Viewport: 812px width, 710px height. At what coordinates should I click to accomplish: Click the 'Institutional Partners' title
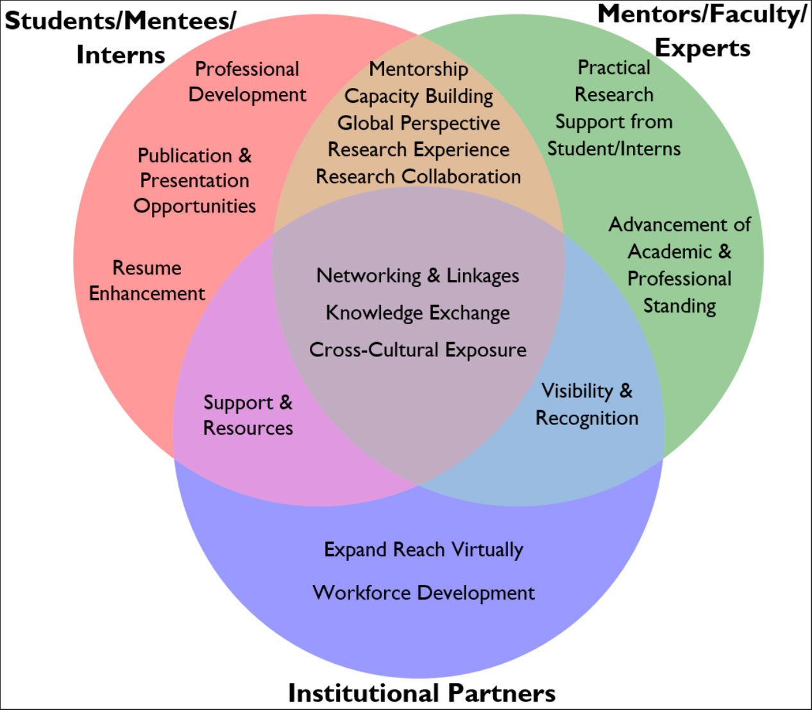421,693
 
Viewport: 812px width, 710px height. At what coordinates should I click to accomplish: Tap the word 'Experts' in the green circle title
702,48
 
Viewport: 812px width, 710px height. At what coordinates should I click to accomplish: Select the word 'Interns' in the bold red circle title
121,55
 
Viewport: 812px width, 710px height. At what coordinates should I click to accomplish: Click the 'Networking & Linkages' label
418,275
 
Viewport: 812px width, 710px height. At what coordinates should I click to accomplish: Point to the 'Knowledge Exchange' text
418,313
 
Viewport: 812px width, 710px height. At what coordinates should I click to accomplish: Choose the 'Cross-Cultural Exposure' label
418,350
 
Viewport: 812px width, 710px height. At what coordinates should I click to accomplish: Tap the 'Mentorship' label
418,69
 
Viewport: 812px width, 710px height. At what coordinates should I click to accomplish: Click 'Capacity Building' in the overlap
418,96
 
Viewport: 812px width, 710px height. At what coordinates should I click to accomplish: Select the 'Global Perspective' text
418,123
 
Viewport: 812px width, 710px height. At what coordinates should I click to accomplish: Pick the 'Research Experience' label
418,150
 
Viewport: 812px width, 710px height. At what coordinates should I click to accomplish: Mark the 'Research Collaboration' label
418,177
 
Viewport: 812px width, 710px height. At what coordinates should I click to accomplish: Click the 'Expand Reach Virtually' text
423,550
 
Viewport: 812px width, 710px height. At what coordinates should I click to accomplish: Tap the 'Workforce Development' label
423,593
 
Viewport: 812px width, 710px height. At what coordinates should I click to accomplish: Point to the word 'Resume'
147,268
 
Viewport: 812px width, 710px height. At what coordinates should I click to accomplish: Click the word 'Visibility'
577,391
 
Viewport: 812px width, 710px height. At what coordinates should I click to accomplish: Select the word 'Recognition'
587,418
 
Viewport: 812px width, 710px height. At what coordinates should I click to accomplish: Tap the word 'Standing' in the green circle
679,306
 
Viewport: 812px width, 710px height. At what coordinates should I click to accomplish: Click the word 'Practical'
614,67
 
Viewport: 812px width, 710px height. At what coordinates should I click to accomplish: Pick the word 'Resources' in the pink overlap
248,428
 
